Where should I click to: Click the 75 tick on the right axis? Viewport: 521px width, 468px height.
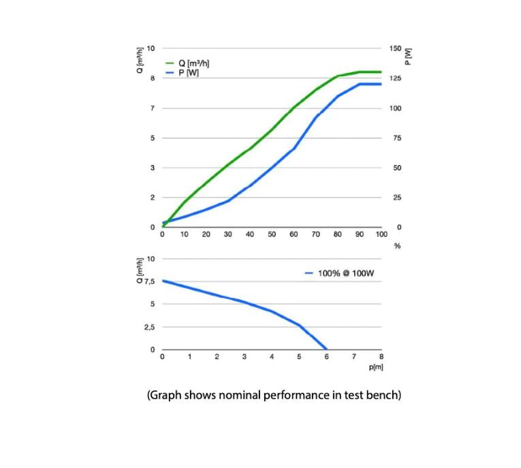click(x=395, y=138)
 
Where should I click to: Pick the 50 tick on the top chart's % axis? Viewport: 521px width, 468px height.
click(x=272, y=234)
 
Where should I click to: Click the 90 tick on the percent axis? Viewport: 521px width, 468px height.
click(x=360, y=234)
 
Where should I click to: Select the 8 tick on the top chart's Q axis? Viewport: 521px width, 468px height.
click(x=153, y=79)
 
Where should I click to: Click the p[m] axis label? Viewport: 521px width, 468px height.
click(x=377, y=367)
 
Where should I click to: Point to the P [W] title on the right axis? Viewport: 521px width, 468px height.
click(x=408, y=54)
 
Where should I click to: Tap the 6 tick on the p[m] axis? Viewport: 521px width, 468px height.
click(x=326, y=357)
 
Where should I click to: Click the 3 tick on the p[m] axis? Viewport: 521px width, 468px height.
click(x=244, y=357)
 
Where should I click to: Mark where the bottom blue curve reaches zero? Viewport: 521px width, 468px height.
click(x=326, y=349)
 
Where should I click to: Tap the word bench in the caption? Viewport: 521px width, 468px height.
click(x=383, y=396)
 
